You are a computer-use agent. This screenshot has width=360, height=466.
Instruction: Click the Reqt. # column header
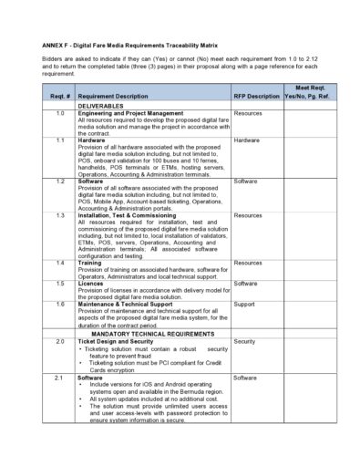click(58, 96)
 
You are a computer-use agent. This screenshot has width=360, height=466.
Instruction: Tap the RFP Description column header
click(257, 96)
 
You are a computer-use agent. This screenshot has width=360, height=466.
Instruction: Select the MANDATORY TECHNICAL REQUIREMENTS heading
click(151, 334)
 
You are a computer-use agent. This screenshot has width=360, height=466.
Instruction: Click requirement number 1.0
click(59, 113)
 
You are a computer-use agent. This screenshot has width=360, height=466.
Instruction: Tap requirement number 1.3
click(59, 216)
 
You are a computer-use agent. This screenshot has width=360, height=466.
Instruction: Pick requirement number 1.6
click(59, 304)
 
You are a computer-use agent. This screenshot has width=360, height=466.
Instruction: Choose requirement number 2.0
click(59, 341)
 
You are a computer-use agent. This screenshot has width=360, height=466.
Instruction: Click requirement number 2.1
click(59, 378)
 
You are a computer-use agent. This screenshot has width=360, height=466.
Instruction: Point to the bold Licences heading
click(91, 284)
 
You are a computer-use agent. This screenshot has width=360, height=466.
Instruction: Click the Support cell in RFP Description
click(245, 304)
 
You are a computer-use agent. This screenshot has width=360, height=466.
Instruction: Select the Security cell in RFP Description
click(245, 341)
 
